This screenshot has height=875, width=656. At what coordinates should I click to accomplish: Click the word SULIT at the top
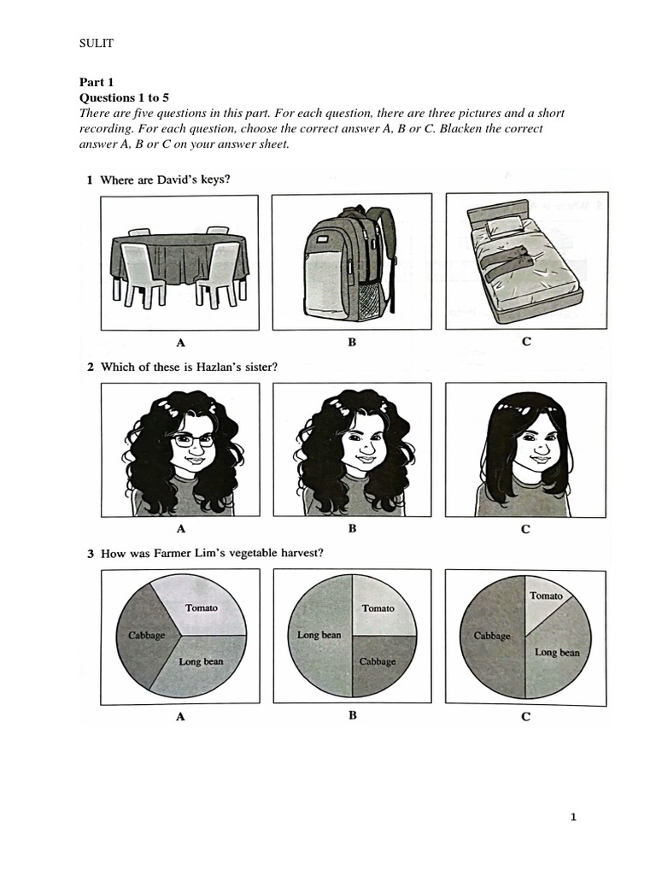pyautogui.click(x=97, y=44)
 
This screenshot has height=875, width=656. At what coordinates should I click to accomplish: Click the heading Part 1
pyautogui.click(x=97, y=82)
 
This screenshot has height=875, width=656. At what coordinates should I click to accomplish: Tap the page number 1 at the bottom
pyautogui.click(x=573, y=818)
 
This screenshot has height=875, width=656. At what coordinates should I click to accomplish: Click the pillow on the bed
pyautogui.click(x=504, y=226)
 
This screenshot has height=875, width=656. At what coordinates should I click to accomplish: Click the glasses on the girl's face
pyautogui.click(x=194, y=441)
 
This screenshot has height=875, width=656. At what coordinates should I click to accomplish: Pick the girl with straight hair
pyautogui.click(x=524, y=453)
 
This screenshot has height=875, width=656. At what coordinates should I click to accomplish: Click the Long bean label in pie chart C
pyautogui.click(x=557, y=652)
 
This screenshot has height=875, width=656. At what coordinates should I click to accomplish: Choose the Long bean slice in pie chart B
pyautogui.click(x=319, y=636)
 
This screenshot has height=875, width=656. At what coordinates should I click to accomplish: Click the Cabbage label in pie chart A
pyautogui.click(x=147, y=635)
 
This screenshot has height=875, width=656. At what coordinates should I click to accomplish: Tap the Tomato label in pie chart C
pyautogui.click(x=546, y=596)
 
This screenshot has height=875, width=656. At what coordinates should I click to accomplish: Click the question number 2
pyautogui.click(x=91, y=367)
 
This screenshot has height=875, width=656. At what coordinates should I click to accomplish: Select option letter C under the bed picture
pyautogui.click(x=526, y=342)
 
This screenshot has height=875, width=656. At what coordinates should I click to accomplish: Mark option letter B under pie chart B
pyautogui.click(x=353, y=715)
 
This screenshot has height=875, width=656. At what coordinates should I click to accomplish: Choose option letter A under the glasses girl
pyautogui.click(x=181, y=528)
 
